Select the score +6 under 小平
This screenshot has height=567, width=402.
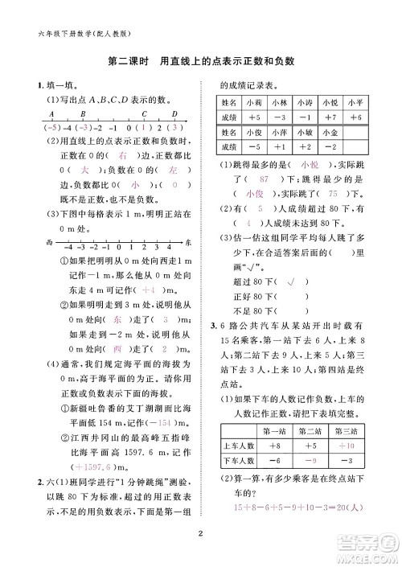pos(358,117)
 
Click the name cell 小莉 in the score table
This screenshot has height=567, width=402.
pos(255,103)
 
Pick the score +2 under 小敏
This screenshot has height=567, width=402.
pos(304,147)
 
